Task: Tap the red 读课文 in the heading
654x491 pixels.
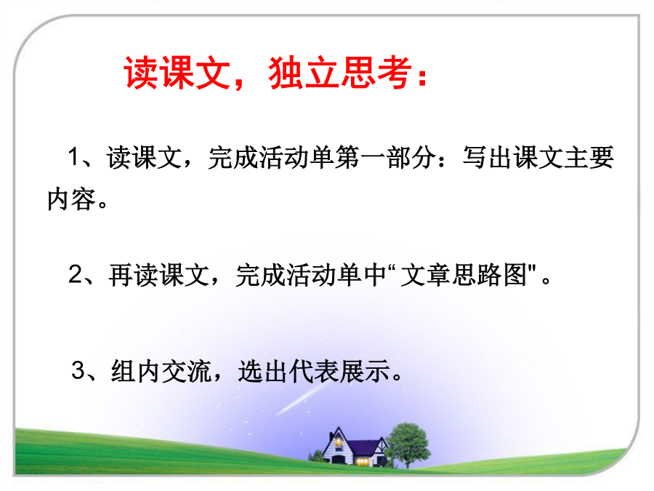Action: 177,73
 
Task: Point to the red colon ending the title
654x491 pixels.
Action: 423,78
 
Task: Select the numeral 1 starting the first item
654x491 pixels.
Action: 73,157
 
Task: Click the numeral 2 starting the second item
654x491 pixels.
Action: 76,274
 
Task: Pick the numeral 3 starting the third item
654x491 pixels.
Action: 78,370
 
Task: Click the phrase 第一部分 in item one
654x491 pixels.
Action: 385,157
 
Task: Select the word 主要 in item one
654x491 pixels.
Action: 589,157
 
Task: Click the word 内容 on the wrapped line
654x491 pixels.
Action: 72,199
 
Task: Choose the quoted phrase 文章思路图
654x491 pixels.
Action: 464,275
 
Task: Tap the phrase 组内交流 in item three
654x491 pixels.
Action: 161,371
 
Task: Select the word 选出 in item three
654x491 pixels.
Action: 263,371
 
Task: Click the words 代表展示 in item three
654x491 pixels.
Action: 339,371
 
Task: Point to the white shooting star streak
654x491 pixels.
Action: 301,399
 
